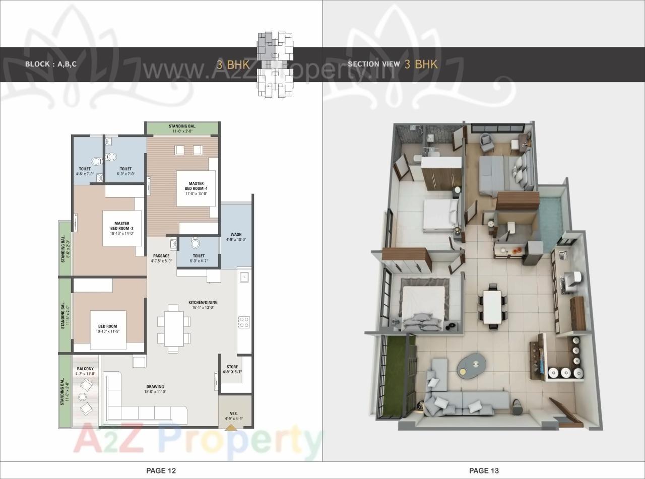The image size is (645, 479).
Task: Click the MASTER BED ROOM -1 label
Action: click(x=196, y=188)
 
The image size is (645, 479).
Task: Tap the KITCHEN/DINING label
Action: click(x=203, y=305)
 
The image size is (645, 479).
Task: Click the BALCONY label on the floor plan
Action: click(x=85, y=371)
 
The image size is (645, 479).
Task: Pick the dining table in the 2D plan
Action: click(x=173, y=328)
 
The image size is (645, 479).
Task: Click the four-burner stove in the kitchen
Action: click(x=244, y=322)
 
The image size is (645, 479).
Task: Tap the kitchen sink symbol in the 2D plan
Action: click(x=244, y=277)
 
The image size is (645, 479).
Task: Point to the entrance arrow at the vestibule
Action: click(x=230, y=428)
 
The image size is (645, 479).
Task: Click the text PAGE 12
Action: click(x=161, y=470)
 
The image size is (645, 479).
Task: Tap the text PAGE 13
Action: click(x=484, y=470)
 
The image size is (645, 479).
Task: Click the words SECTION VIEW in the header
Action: click(x=373, y=64)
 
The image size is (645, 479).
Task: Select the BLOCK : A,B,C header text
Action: click(x=51, y=64)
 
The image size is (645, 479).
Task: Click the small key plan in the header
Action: click(x=275, y=64)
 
